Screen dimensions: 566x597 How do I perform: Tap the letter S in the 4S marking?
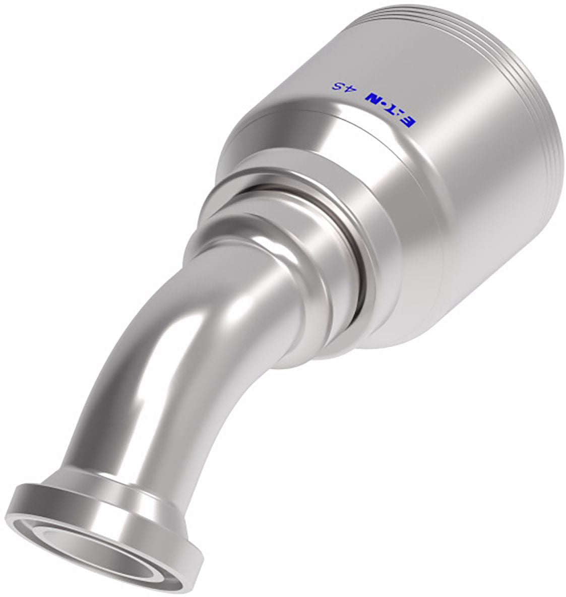(337, 87)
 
